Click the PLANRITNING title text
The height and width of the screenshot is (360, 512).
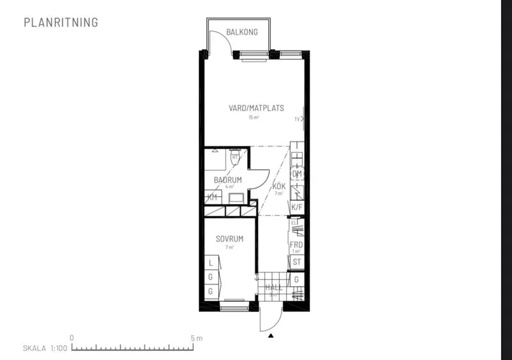(61, 22)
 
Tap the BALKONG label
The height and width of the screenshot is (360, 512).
(243, 32)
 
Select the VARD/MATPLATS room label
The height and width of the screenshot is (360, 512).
(256, 108)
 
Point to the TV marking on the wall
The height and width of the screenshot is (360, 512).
(297, 120)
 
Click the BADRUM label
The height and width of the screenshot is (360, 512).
(228, 180)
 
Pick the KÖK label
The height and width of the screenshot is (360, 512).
(278, 187)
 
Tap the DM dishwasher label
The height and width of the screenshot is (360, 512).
(296, 174)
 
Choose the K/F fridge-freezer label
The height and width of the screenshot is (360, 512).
(296, 208)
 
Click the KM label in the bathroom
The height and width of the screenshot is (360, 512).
(212, 197)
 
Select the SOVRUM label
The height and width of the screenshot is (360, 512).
(228, 240)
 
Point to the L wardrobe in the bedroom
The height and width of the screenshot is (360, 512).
(210, 263)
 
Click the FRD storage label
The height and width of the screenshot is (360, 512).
(296, 245)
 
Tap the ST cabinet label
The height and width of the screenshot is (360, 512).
(296, 262)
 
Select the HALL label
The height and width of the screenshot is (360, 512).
(274, 288)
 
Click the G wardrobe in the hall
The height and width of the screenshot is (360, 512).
(296, 279)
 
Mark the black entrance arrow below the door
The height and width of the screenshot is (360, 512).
(271, 335)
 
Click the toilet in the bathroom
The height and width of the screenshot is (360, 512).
(235, 157)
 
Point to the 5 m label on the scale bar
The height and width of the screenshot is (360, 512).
(196, 338)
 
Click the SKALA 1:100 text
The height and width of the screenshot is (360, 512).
(44, 349)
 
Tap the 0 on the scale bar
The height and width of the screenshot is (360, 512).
(72, 338)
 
